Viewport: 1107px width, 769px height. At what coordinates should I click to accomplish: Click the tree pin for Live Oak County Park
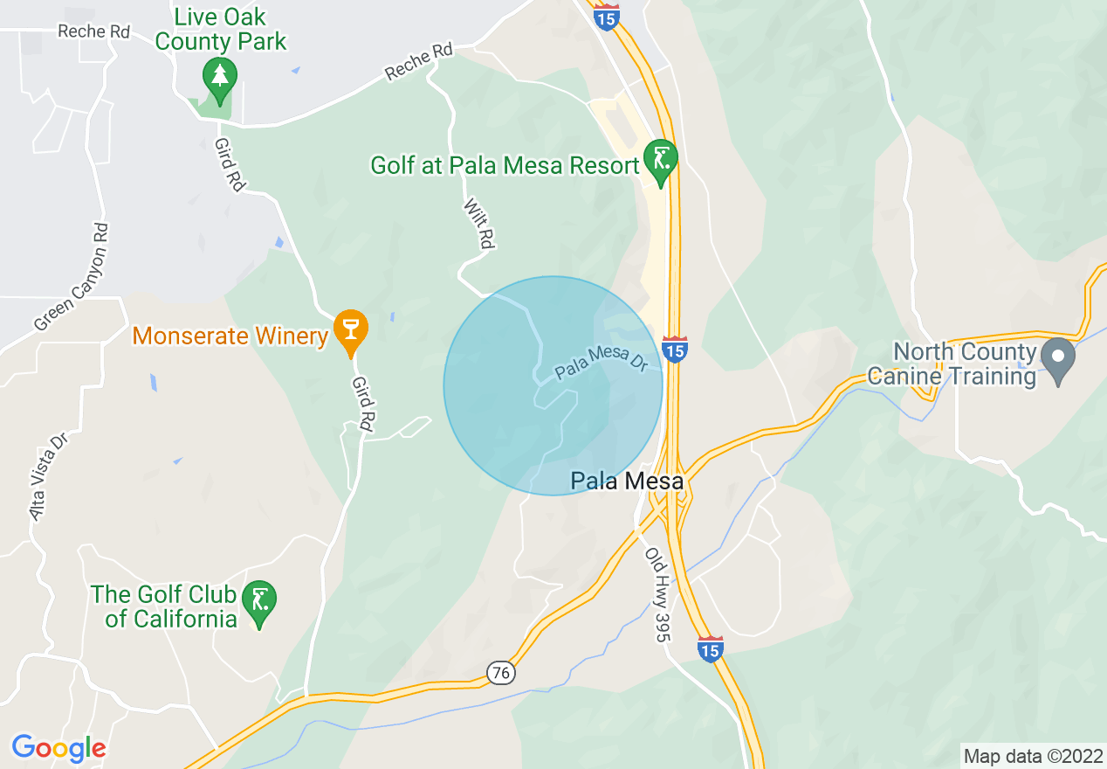coord(219,77)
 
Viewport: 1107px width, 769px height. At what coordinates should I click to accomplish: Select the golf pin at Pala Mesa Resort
coord(660,161)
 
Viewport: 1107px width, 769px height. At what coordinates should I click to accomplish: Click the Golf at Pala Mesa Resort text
coord(505,165)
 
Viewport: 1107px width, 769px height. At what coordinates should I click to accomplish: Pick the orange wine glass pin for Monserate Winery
coord(351,330)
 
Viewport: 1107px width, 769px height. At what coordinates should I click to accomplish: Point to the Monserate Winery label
coord(230,336)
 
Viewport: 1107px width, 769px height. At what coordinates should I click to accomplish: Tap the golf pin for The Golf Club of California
coord(259,600)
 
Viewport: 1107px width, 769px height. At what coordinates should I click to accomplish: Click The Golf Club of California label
coord(165,607)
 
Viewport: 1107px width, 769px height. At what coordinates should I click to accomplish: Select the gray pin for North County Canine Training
coord(1059,356)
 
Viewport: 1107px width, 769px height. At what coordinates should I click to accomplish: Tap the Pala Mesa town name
coord(627,481)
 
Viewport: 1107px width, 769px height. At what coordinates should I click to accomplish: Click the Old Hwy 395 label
coord(657,594)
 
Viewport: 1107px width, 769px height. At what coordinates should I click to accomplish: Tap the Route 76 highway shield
coord(501,673)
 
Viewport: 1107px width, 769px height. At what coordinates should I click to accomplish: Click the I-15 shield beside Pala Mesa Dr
coord(673,350)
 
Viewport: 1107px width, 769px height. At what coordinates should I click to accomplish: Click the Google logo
coord(58,748)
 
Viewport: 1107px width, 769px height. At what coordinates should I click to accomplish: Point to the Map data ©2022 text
coord(1033,756)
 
